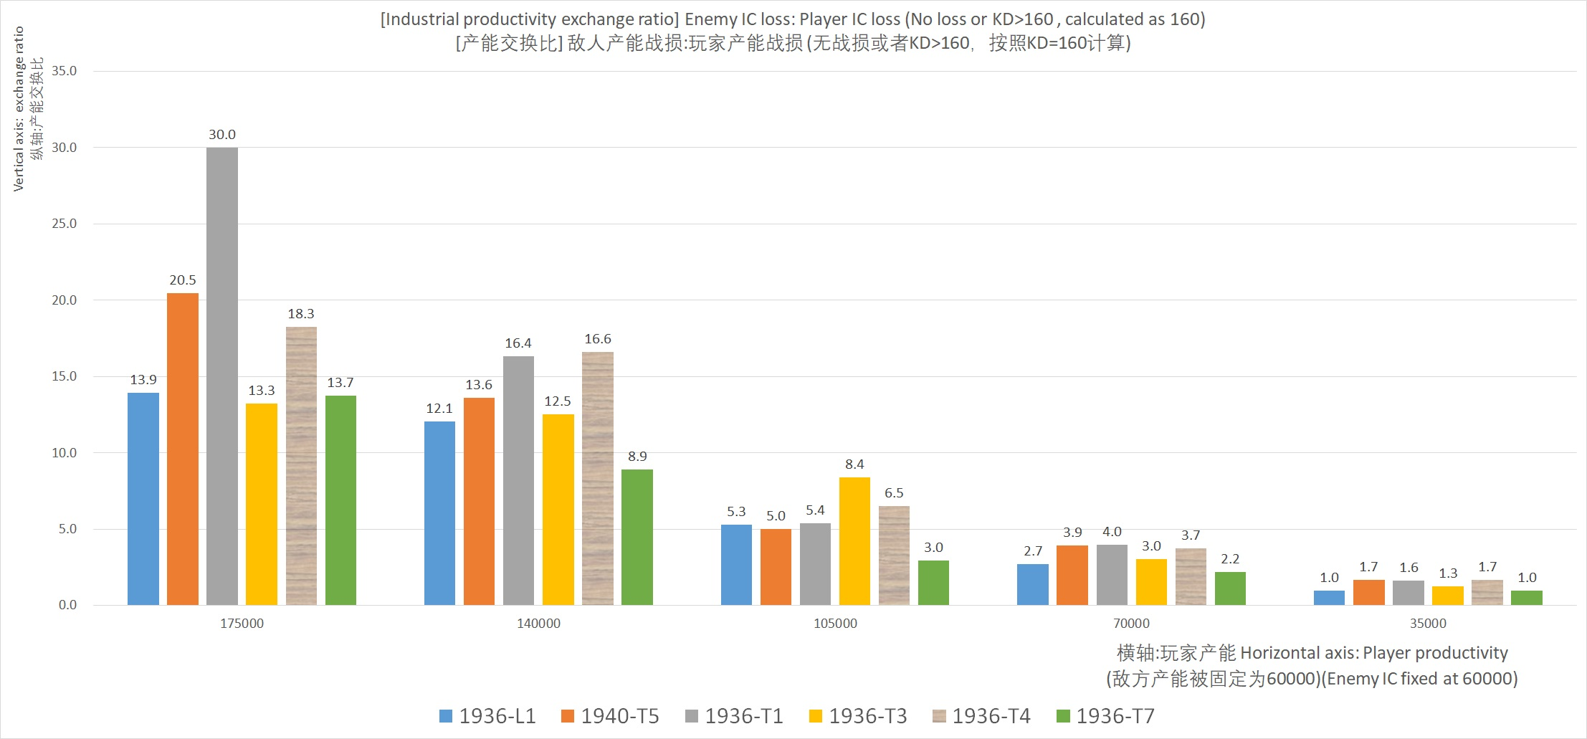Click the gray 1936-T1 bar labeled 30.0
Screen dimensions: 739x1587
tap(222, 376)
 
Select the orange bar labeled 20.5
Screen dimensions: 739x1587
tap(183, 449)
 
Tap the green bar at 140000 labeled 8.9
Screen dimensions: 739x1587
tap(637, 538)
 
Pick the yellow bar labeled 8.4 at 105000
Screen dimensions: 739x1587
tap(854, 541)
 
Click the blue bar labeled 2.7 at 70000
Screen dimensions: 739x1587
tap(1032, 585)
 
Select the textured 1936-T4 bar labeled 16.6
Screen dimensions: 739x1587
tap(598, 479)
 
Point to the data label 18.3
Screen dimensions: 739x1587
tap(301, 314)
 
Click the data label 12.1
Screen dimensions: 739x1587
tap(439, 409)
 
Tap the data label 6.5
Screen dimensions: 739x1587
tap(894, 493)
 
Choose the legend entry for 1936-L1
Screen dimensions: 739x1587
tap(487, 716)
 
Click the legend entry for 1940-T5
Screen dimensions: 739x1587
tap(610, 716)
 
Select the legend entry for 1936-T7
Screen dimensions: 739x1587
tap(1105, 716)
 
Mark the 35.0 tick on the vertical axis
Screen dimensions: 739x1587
tap(64, 71)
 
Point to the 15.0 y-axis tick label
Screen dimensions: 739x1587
tap(64, 376)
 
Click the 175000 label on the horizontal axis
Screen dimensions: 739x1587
tap(242, 624)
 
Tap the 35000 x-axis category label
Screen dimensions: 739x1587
tap(1428, 624)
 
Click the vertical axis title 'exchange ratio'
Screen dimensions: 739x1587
tap(19, 109)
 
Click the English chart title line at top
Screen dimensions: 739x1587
tap(793, 19)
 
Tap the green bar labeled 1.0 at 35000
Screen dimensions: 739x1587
tap(1527, 598)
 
